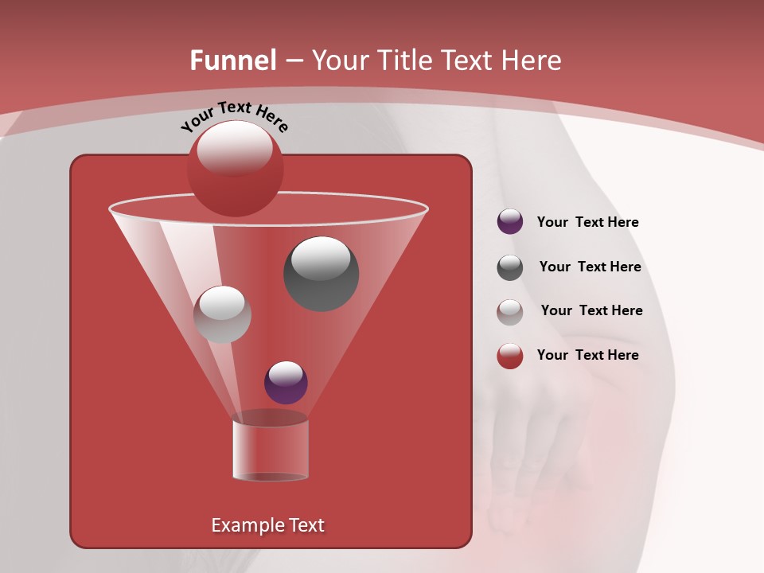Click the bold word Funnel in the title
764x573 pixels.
232,60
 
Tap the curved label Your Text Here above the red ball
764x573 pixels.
235,115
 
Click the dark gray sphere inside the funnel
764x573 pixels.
321,275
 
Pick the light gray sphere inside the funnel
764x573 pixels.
222,314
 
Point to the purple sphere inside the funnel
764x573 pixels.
286,383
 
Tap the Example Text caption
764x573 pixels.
267,525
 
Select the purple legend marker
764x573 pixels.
510,222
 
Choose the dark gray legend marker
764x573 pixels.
510,267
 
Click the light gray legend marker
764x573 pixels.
510,312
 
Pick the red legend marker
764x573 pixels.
510,356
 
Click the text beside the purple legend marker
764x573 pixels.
587,223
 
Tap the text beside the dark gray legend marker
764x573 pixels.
590,267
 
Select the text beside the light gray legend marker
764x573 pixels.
591,311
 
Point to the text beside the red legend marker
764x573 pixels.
587,355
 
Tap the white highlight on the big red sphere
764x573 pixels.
235,148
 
